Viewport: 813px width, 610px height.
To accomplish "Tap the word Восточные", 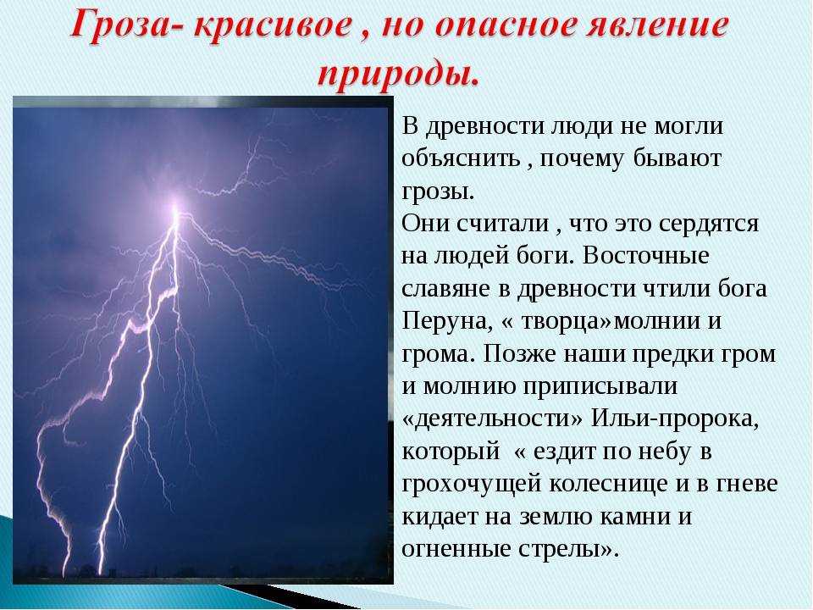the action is coord(644,255).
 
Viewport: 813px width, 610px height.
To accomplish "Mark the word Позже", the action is coord(519,354).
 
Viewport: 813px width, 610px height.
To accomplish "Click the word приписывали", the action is coord(600,387).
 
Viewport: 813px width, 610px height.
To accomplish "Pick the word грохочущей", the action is coord(471,485).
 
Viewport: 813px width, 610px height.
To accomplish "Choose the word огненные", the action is coord(456,548).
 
